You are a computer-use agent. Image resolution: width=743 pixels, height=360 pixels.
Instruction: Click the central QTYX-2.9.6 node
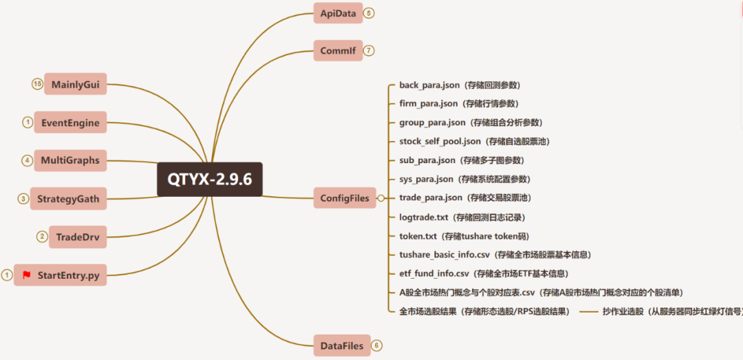coord(210,179)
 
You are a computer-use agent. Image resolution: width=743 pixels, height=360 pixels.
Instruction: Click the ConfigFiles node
coord(345,198)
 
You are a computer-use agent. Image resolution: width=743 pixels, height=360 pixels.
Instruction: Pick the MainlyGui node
coord(76,85)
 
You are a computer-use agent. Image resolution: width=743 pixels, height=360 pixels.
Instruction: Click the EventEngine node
coord(70,123)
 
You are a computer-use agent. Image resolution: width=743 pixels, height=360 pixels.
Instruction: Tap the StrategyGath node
coord(68,199)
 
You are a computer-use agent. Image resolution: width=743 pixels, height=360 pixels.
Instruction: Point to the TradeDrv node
coord(78,237)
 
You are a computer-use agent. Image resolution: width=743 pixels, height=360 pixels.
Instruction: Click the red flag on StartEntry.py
coord(27,275)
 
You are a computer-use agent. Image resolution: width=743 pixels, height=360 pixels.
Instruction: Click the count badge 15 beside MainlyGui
coord(37,84)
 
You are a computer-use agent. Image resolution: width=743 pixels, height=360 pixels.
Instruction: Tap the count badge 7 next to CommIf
coord(369,50)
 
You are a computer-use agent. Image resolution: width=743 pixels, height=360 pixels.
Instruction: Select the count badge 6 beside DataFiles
coord(376,346)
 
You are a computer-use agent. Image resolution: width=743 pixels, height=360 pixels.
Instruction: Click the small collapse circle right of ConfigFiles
coord(380,198)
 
